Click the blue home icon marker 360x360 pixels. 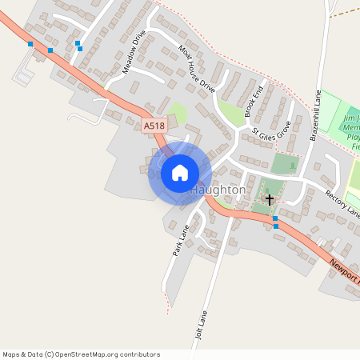[x=180, y=173]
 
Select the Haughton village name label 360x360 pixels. [x=218, y=191]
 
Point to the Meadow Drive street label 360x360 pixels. [x=134, y=53]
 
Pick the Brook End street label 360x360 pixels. [x=254, y=94]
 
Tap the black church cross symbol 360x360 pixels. [x=270, y=198]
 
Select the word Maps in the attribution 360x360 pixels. [x=12, y=354]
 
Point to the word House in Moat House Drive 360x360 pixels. [x=195, y=68]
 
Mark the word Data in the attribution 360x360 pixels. [x=35, y=354]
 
